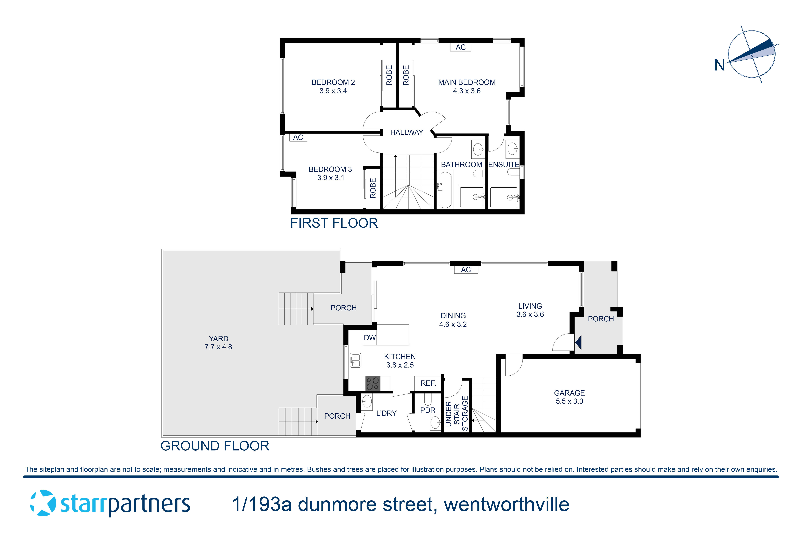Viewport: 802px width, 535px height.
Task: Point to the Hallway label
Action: [x=406, y=132]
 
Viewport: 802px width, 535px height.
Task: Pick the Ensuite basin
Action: [x=512, y=149]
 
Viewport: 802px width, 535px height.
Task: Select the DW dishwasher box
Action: [x=370, y=338]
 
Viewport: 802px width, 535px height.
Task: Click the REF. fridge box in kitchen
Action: [x=428, y=383]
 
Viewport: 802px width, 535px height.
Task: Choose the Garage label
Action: [x=569, y=393]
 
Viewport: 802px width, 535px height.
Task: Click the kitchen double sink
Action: [x=355, y=360]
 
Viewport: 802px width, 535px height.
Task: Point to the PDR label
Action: [x=428, y=410]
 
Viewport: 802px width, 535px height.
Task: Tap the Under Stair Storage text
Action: [x=457, y=414]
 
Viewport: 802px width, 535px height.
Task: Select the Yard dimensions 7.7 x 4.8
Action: [x=218, y=347]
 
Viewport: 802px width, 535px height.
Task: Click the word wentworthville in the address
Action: [x=506, y=505]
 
